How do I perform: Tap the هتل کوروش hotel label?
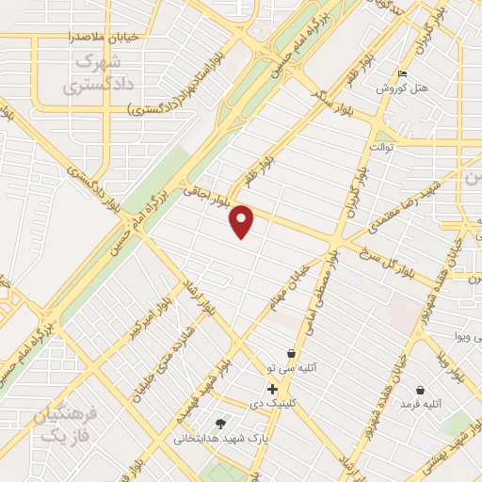[x=402, y=88]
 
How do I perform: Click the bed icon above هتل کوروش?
[x=403, y=73]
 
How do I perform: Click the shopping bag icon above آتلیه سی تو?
[x=292, y=354]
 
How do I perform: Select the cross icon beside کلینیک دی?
[x=272, y=389]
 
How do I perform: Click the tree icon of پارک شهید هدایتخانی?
[x=220, y=424]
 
